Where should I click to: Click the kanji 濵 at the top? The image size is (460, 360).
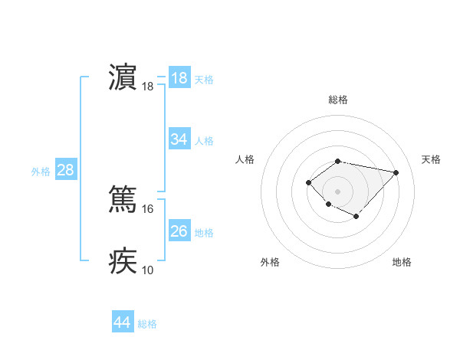click(x=123, y=79)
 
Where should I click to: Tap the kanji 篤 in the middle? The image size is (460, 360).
click(x=123, y=198)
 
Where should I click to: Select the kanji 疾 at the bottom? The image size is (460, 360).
click(x=123, y=260)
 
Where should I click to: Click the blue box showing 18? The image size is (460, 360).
click(x=179, y=78)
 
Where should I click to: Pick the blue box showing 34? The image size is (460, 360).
click(x=179, y=139)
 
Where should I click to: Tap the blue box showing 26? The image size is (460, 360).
click(x=179, y=231)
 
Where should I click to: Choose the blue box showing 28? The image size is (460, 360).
click(x=65, y=170)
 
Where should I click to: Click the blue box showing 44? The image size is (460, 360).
click(x=123, y=322)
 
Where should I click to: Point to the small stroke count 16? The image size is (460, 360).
click(x=148, y=208)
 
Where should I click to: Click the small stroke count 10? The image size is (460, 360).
click(x=148, y=270)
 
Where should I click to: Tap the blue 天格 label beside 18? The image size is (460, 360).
click(x=204, y=80)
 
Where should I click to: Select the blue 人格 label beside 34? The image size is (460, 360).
click(x=204, y=141)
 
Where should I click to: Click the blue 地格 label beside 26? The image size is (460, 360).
click(x=204, y=232)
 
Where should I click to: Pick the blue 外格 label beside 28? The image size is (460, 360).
click(x=41, y=172)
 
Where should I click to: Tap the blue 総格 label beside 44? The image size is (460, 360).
click(x=147, y=324)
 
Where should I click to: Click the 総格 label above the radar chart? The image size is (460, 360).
click(x=338, y=100)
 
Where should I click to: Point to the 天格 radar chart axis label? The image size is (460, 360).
click(x=431, y=159)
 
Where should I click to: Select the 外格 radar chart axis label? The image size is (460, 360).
click(x=270, y=262)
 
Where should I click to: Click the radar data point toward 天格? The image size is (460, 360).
click(x=396, y=172)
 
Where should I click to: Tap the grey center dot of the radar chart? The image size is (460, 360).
click(x=338, y=191)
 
